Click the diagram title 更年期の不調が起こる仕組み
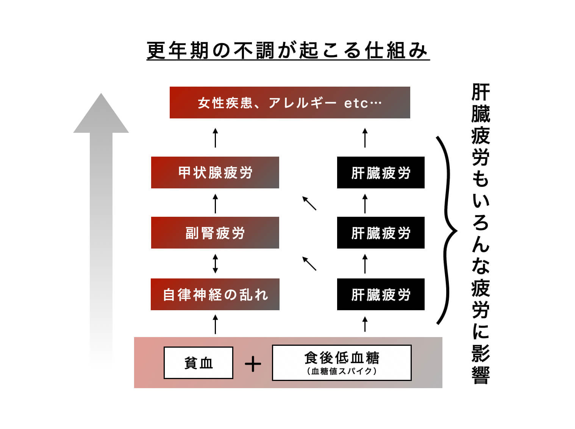coord(288,51)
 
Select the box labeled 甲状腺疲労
coord(215,173)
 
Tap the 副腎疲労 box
coord(215,233)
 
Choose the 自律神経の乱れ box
coord(215,294)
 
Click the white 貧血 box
coord(198,363)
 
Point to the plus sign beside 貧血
coord(253,364)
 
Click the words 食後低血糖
coord(341,357)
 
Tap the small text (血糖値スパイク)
coord(341,371)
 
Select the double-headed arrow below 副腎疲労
coord(215,264)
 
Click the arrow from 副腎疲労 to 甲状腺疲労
coord(215,204)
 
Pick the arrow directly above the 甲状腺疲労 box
coord(215,138)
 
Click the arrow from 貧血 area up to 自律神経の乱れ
coord(215,324)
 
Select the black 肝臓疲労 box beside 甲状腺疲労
coord(380,173)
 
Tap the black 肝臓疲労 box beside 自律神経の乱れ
coord(380,294)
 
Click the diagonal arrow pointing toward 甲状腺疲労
coord(309,203)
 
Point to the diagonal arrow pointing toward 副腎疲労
coord(309,264)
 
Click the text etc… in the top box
coord(362,103)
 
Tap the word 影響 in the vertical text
coord(480,364)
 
